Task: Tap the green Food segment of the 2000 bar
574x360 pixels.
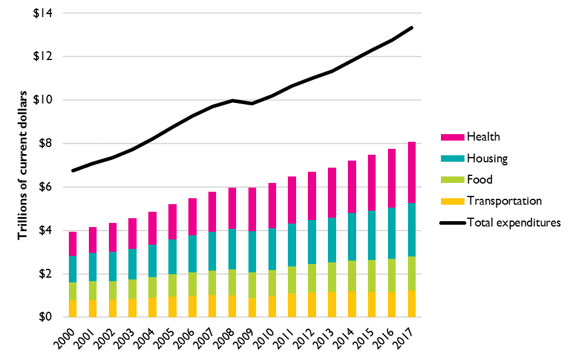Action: pos(73,291)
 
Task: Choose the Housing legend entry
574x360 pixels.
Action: pos(486,158)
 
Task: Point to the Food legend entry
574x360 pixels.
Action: pos(479,179)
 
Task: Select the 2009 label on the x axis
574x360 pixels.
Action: pos(249,338)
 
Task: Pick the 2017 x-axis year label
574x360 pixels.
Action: pos(409,338)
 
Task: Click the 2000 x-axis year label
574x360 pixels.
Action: pos(69,338)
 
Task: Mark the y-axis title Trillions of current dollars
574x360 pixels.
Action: pos(23,165)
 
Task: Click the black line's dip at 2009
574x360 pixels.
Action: pos(253,104)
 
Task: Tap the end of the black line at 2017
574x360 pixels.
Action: pos(412,28)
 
